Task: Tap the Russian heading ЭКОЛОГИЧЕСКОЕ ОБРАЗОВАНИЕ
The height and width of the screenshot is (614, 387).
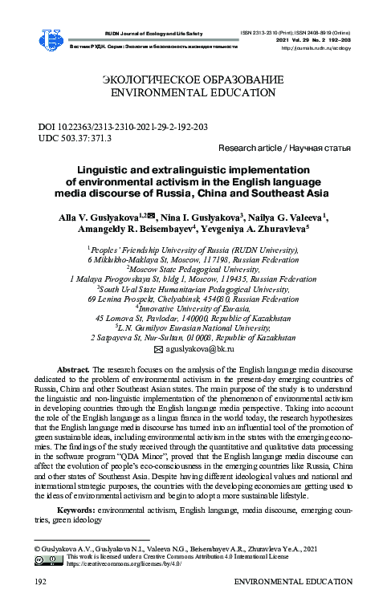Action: [193, 80]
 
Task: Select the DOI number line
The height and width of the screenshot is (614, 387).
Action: [124, 127]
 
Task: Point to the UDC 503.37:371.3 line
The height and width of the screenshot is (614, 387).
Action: [75, 138]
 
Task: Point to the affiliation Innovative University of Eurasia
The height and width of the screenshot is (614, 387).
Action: [193, 307]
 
